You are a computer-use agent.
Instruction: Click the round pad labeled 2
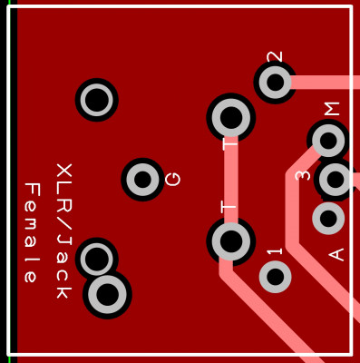tap(275, 82)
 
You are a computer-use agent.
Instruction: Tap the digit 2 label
tap(275, 56)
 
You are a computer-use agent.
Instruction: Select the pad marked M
tap(328, 141)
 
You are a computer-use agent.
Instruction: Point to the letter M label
tap(332, 109)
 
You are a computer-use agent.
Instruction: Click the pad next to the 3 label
tap(336, 180)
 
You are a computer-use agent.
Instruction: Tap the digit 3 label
tap(303, 175)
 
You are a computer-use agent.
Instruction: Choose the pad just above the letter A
tap(328, 219)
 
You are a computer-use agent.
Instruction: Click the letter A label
tap(336, 254)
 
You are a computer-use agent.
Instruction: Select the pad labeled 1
tap(275, 277)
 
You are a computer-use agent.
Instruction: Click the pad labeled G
tap(142, 180)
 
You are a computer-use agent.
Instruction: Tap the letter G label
tap(173, 179)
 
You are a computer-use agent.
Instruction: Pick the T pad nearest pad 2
tap(231, 118)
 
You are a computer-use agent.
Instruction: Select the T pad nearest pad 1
tap(231, 241)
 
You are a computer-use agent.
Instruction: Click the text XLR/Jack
tap(64, 231)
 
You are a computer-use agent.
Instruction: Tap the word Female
tap(32, 232)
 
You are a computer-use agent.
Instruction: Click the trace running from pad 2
tap(326, 82)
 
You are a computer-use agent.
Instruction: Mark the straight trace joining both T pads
tap(231, 180)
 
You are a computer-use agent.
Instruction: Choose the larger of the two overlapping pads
tap(107, 294)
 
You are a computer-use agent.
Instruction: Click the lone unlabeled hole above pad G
tap(97, 100)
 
